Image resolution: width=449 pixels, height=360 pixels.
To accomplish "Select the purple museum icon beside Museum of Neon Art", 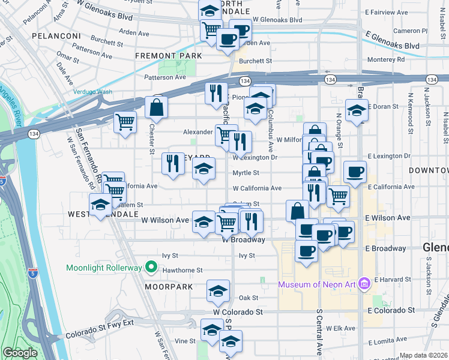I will click(x=363, y=283).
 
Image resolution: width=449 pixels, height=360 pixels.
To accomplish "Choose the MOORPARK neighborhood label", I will click(x=169, y=287).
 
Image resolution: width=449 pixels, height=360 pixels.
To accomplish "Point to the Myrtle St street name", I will click(x=246, y=173).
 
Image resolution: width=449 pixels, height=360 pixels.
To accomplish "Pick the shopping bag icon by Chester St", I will click(x=156, y=108).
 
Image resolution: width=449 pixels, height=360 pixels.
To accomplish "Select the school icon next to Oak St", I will click(x=218, y=291).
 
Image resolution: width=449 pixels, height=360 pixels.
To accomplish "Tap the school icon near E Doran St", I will click(x=357, y=110).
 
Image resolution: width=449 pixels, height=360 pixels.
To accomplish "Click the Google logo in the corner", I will click(x=20, y=353).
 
